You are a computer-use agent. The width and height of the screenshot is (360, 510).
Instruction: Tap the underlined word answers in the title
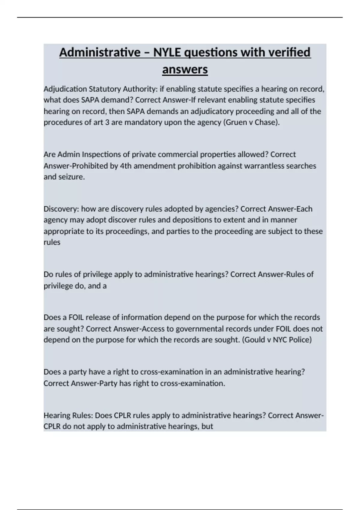[x=185, y=70]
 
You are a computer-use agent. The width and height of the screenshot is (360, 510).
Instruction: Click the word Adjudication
[x=65, y=89]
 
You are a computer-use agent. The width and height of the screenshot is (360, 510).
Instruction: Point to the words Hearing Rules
[x=69, y=415]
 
